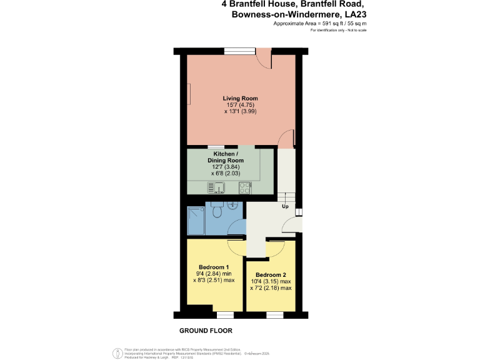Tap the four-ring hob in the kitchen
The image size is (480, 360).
pos(254,186)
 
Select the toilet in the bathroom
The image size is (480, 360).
pos(217,212)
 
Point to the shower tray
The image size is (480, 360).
pos(196,221)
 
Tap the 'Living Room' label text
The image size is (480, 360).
pos(241,98)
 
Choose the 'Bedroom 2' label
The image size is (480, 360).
pos(271,275)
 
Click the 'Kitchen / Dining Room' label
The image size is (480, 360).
pos(225,157)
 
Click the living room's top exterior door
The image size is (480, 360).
pos(265,60)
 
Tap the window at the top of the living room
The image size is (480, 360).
pos(239,51)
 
